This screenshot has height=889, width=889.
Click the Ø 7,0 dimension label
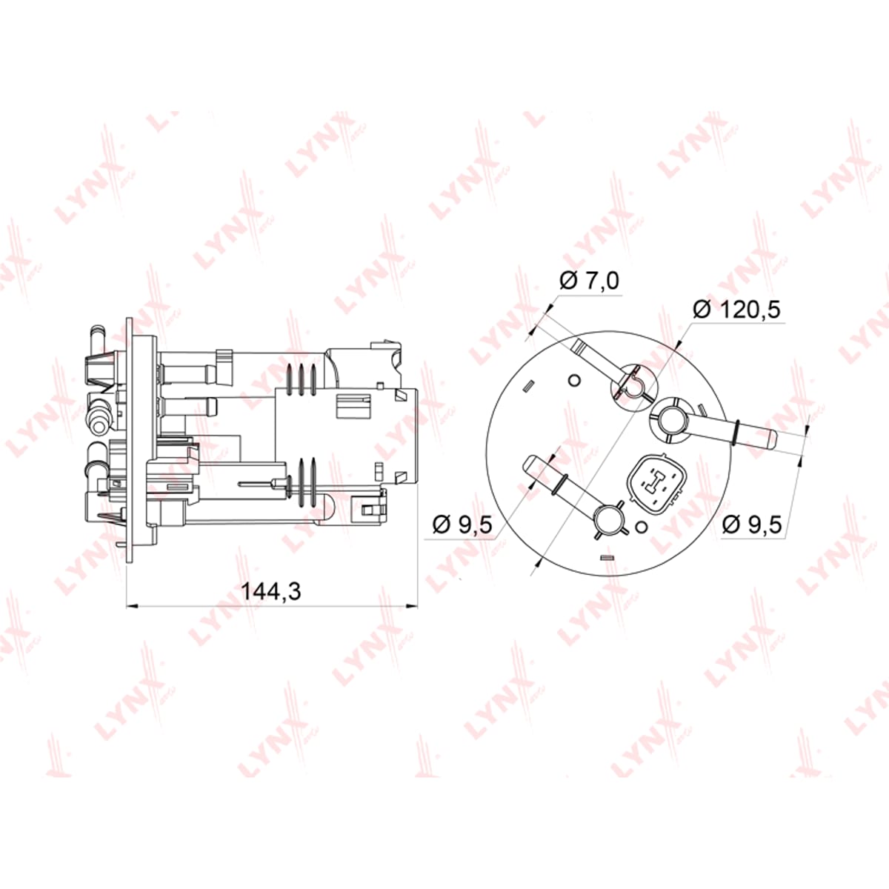589,281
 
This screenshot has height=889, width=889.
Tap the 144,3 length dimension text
271,591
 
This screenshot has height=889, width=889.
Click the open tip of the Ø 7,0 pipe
579,344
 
